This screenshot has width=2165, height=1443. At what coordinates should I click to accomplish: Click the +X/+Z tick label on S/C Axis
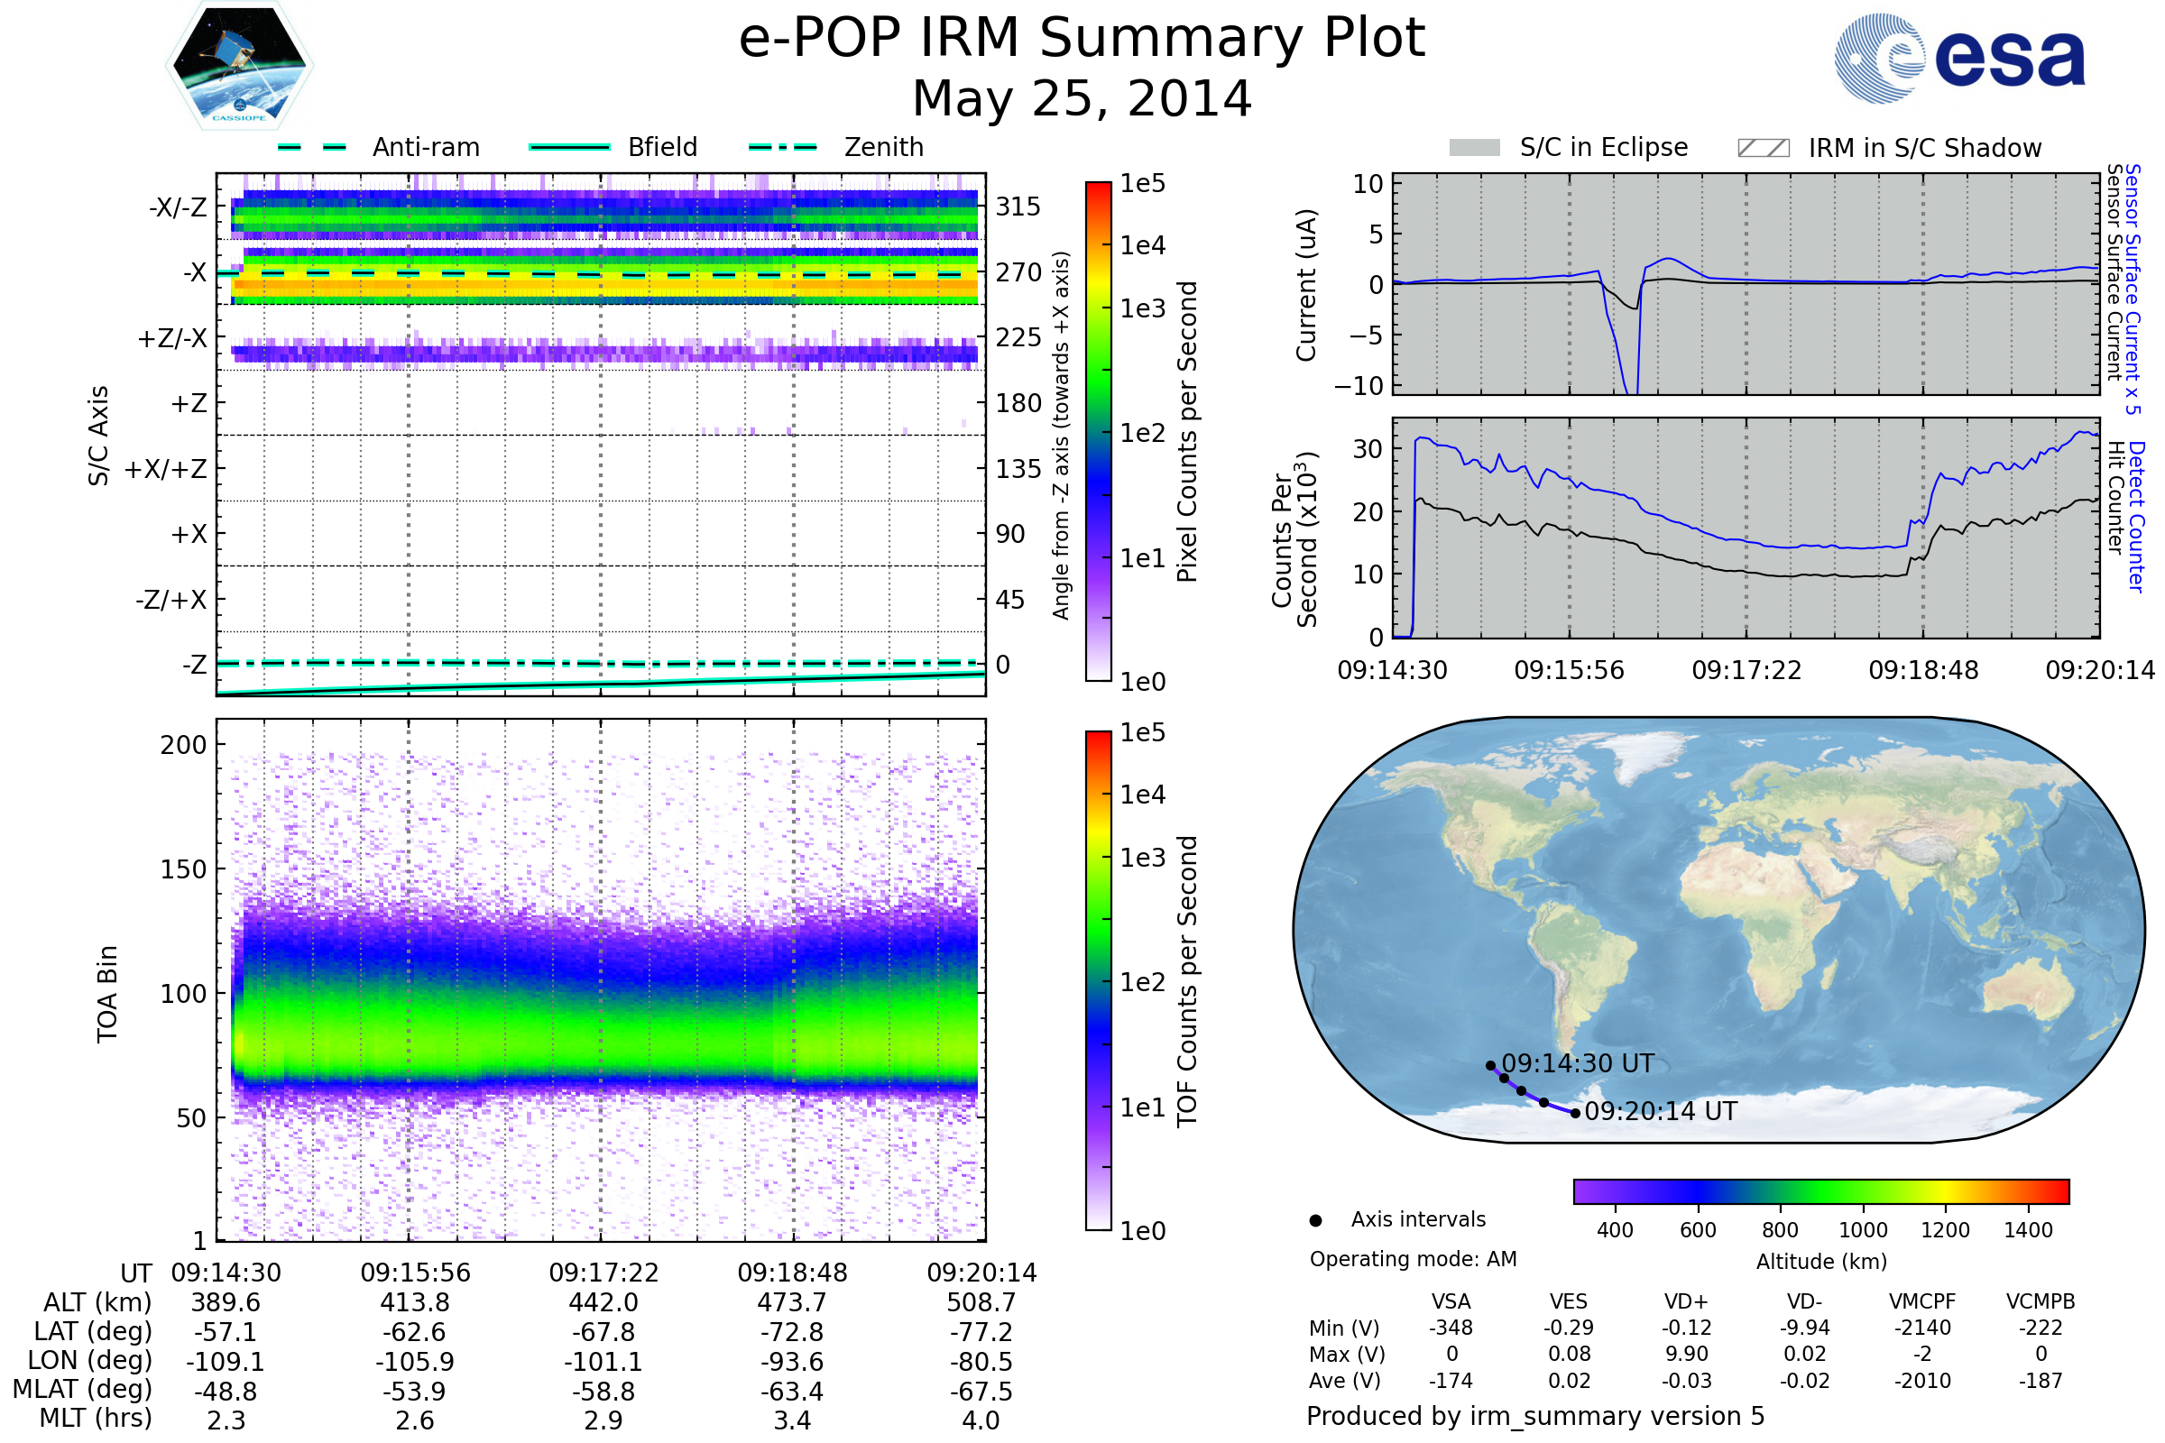pyautogui.click(x=166, y=469)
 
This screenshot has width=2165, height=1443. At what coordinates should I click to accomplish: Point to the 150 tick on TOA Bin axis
pyautogui.click(x=183, y=869)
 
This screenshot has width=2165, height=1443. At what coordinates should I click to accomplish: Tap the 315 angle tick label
pyautogui.click(x=1018, y=207)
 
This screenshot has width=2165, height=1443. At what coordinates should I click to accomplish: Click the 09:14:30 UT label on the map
pyautogui.click(x=1577, y=1064)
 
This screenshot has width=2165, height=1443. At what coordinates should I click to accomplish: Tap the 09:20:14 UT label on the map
pyautogui.click(x=1661, y=1112)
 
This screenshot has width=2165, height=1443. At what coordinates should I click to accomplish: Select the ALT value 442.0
pyautogui.click(x=603, y=1303)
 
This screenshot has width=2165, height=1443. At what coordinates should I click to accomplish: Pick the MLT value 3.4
pyautogui.click(x=792, y=1420)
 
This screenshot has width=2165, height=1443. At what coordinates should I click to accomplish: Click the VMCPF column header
pyautogui.click(x=1922, y=1302)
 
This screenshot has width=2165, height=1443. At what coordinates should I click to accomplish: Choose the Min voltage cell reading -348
pyautogui.click(x=1451, y=1328)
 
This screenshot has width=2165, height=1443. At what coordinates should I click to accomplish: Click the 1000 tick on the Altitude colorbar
pyautogui.click(x=1863, y=1230)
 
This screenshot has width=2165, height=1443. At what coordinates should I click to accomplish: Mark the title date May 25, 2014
pyautogui.click(x=1082, y=98)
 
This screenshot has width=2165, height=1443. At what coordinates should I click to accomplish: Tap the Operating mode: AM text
pyautogui.click(x=1413, y=1259)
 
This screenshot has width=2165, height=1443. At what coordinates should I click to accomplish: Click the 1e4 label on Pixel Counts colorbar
pyautogui.click(x=1142, y=245)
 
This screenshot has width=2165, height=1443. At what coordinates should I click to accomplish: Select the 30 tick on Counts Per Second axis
pyautogui.click(x=1368, y=449)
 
